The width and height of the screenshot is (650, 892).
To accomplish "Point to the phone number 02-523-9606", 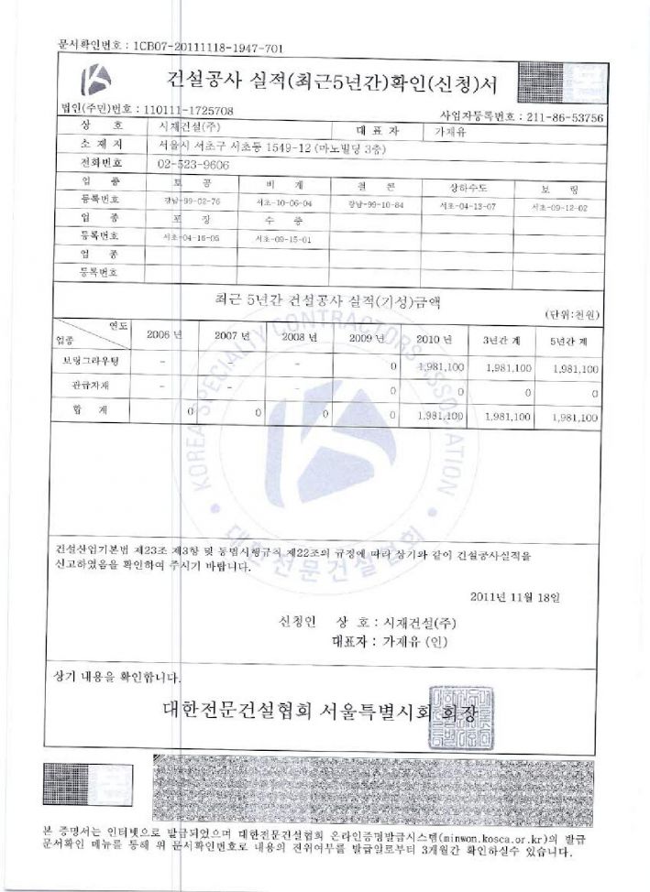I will point(193,164).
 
